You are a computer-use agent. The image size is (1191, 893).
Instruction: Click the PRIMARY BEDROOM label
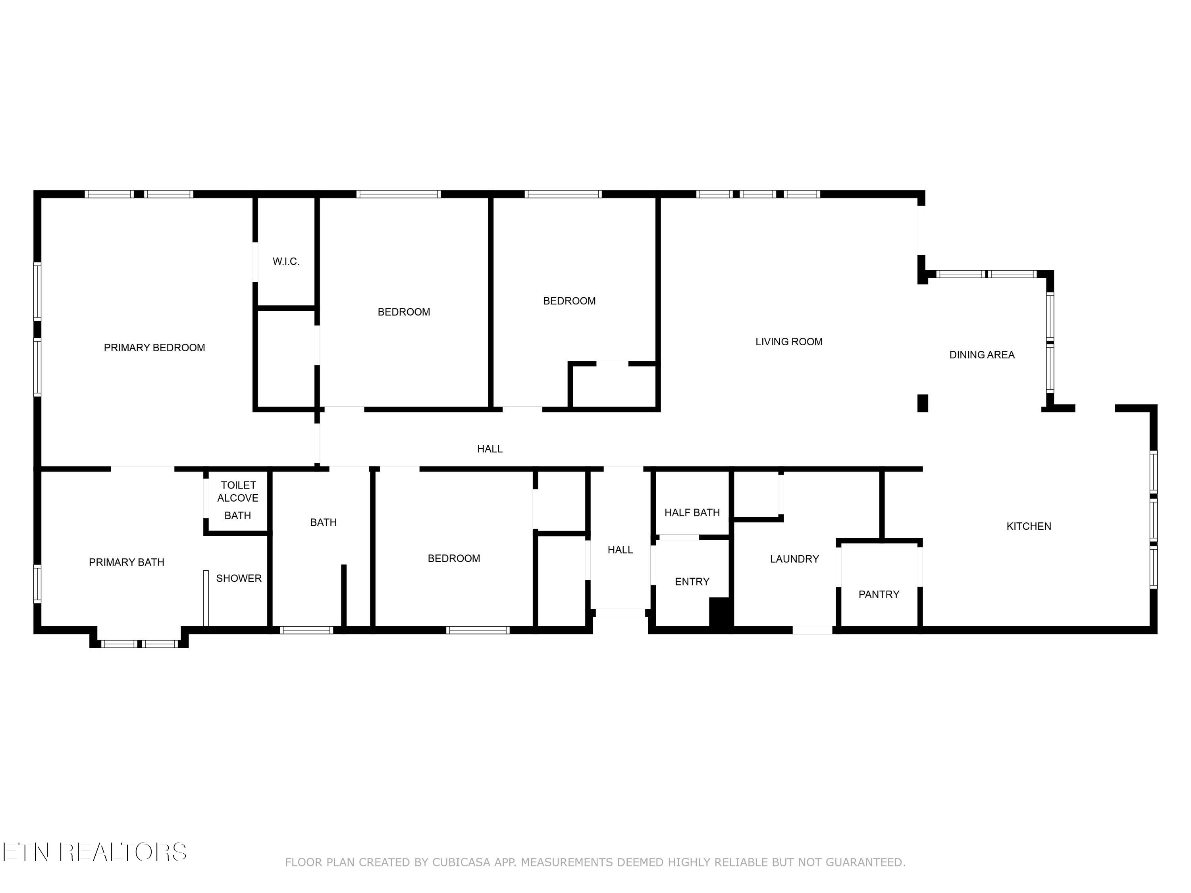pyautogui.click(x=154, y=348)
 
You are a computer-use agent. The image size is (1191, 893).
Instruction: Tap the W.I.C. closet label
pyautogui.click(x=285, y=262)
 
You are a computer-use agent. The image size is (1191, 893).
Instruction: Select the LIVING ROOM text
pyautogui.click(x=788, y=342)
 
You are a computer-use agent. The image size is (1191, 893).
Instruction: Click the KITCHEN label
pyautogui.click(x=1028, y=526)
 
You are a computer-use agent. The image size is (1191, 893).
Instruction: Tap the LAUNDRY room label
pyautogui.click(x=794, y=559)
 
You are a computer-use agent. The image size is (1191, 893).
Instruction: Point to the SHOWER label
pyautogui.click(x=239, y=579)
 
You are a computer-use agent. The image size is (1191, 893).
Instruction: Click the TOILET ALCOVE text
pyautogui.click(x=238, y=491)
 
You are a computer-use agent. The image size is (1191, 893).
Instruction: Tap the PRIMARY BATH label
pyautogui.click(x=127, y=562)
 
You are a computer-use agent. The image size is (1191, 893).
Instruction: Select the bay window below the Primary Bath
pyautogui.click(x=139, y=643)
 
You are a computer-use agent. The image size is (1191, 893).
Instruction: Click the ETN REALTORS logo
pyautogui.click(x=95, y=852)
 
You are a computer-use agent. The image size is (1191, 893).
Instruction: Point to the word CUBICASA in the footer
pyautogui.click(x=461, y=863)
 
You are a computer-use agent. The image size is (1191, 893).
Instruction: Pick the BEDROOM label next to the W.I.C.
pyautogui.click(x=403, y=312)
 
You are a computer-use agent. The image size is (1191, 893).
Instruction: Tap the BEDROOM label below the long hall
pyautogui.click(x=453, y=559)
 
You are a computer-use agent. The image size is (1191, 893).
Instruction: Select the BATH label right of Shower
pyautogui.click(x=323, y=523)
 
